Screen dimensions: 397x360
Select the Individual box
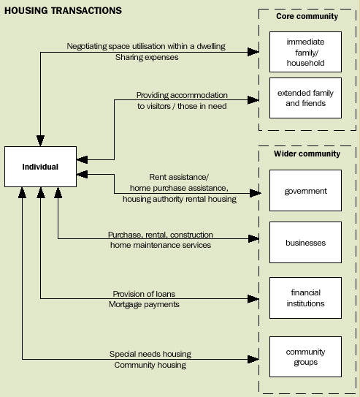(x=40, y=167)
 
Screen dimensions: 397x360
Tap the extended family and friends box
(x=305, y=98)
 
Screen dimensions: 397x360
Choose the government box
(x=305, y=192)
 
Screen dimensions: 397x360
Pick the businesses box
(x=305, y=243)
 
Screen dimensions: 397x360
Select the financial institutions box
(x=305, y=298)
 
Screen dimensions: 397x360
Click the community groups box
(x=305, y=357)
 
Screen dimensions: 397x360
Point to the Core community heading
(x=307, y=16)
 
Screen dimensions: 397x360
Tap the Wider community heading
(x=307, y=154)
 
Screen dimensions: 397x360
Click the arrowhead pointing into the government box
(x=256, y=193)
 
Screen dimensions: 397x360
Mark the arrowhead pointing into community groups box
(x=256, y=358)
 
